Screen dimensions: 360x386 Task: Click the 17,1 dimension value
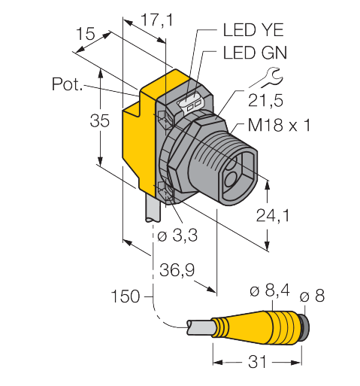pos(157,20)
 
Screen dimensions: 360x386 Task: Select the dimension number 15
pos(86,34)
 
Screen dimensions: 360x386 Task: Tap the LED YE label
pos(253,30)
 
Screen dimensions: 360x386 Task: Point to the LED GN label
pos(255,53)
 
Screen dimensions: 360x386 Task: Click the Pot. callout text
pos(67,84)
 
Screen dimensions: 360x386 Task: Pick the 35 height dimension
pos(100,120)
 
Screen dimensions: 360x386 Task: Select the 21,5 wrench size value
pos(265,101)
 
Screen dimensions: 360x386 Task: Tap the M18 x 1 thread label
pos(279,125)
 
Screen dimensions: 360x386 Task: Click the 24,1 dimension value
pos(273,215)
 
